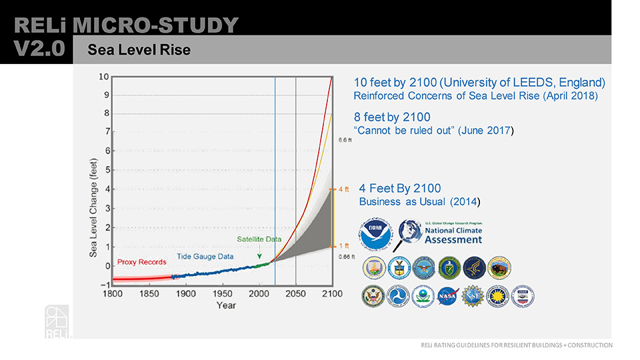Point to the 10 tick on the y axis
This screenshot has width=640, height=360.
point(104,76)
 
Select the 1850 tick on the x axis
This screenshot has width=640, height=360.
point(149,294)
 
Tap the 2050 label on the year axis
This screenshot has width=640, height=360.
point(295,294)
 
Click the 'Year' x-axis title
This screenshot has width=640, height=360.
point(225,305)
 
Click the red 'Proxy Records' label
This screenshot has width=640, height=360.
point(142,262)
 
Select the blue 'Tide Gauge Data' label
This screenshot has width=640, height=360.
point(205,256)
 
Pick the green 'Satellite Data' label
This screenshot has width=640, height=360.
point(259,239)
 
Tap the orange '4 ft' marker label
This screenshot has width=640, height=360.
point(344,189)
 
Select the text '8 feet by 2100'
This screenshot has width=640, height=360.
point(392,118)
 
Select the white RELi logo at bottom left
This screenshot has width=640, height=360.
point(57,321)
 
